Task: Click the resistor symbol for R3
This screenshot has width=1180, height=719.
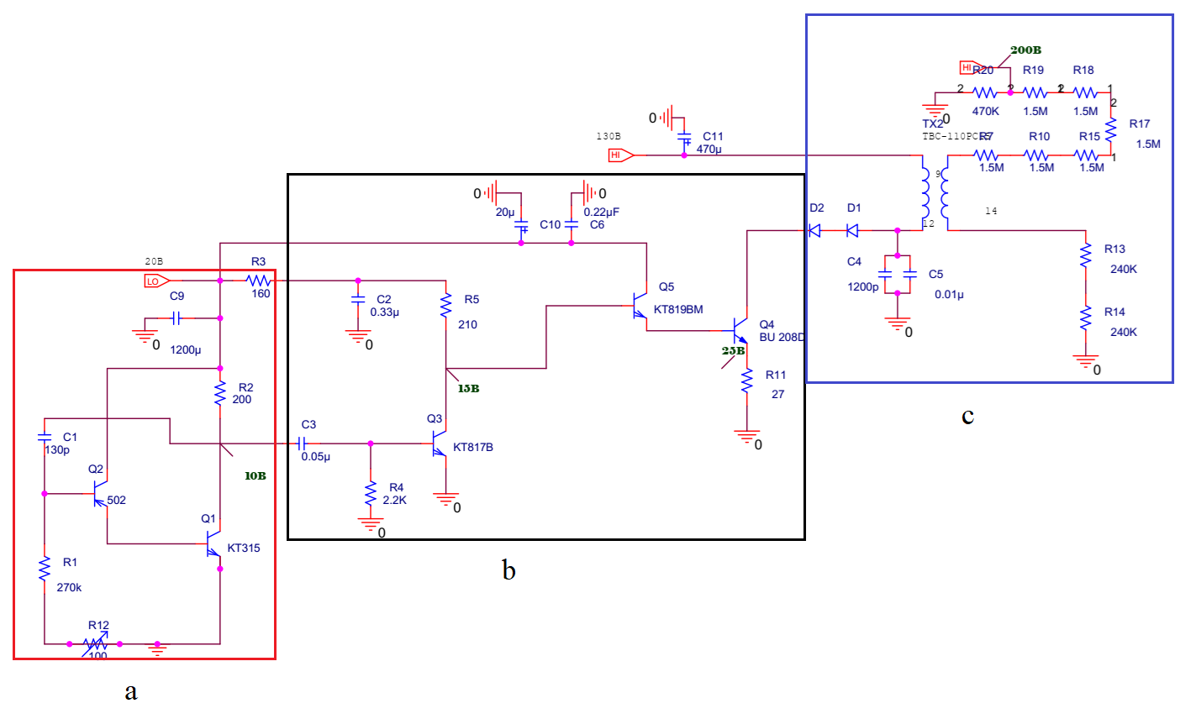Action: (258, 280)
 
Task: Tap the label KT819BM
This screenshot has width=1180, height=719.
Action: (678, 310)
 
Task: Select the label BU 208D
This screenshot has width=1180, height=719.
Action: (782, 338)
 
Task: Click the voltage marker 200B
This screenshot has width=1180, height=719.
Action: (1025, 50)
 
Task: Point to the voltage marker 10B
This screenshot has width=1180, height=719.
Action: (255, 476)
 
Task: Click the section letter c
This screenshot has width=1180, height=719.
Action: (967, 416)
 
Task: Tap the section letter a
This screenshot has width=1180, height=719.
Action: (130, 691)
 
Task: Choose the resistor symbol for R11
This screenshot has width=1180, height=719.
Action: (746, 382)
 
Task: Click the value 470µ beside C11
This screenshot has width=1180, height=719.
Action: (709, 150)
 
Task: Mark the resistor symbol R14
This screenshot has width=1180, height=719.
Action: (1086, 319)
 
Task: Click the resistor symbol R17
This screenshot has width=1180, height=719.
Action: (1111, 131)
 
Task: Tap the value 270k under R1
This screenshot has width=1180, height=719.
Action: (69, 588)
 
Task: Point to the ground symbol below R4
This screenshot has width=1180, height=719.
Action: (371, 524)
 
